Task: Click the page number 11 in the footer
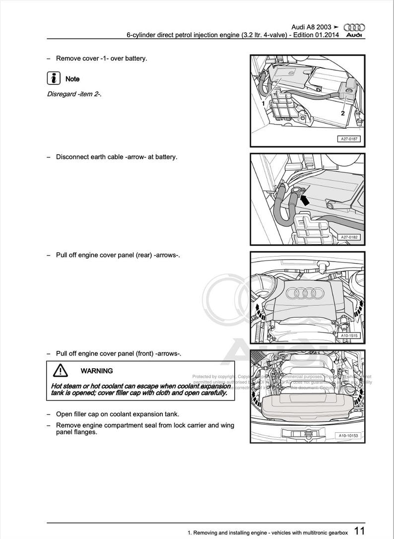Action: (x=360, y=532)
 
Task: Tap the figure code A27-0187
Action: (x=349, y=139)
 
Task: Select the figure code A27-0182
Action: (x=349, y=237)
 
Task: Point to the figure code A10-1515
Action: (x=349, y=336)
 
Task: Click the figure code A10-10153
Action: (x=348, y=436)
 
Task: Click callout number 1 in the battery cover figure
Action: (x=263, y=104)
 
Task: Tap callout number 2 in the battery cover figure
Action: (x=343, y=113)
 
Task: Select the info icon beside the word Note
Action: (x=53, y=78)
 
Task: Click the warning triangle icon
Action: (x=60, y=370)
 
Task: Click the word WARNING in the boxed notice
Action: (x=96, y=371)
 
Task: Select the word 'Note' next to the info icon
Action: (x=72, y=79)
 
